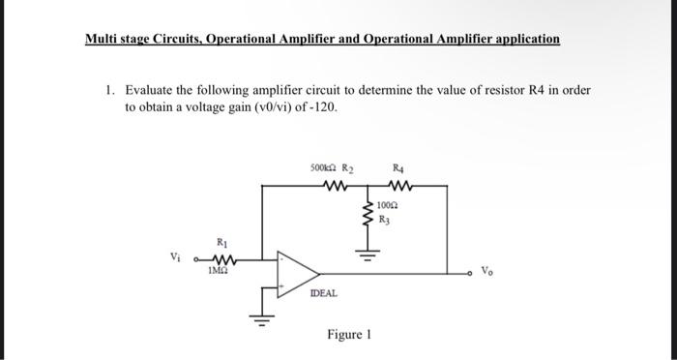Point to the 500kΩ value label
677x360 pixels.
click(x=321, y=166)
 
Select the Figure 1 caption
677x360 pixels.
click(x=349, y=335)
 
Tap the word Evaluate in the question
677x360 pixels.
click(x=152, y=89)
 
